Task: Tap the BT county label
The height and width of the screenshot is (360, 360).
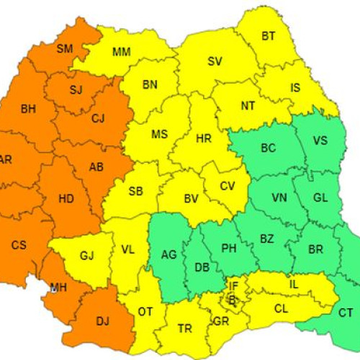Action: [269, 35]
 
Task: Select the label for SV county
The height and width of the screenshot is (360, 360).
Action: [215, 61]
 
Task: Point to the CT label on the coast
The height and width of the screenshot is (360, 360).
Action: [346, 312]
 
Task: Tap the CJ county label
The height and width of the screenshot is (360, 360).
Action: [99, 118]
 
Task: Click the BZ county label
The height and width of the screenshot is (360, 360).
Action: [266, 238]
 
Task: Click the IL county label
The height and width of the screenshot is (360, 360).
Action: [294, 284]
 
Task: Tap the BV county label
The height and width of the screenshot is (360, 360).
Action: [191, 198]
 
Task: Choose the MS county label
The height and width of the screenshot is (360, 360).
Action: [159, 135]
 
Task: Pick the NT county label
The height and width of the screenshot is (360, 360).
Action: [248, 105]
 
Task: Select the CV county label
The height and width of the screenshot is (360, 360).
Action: [228, 186]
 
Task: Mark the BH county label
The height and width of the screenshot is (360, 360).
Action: [28, 109]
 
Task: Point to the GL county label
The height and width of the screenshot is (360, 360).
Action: [321, 199]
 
